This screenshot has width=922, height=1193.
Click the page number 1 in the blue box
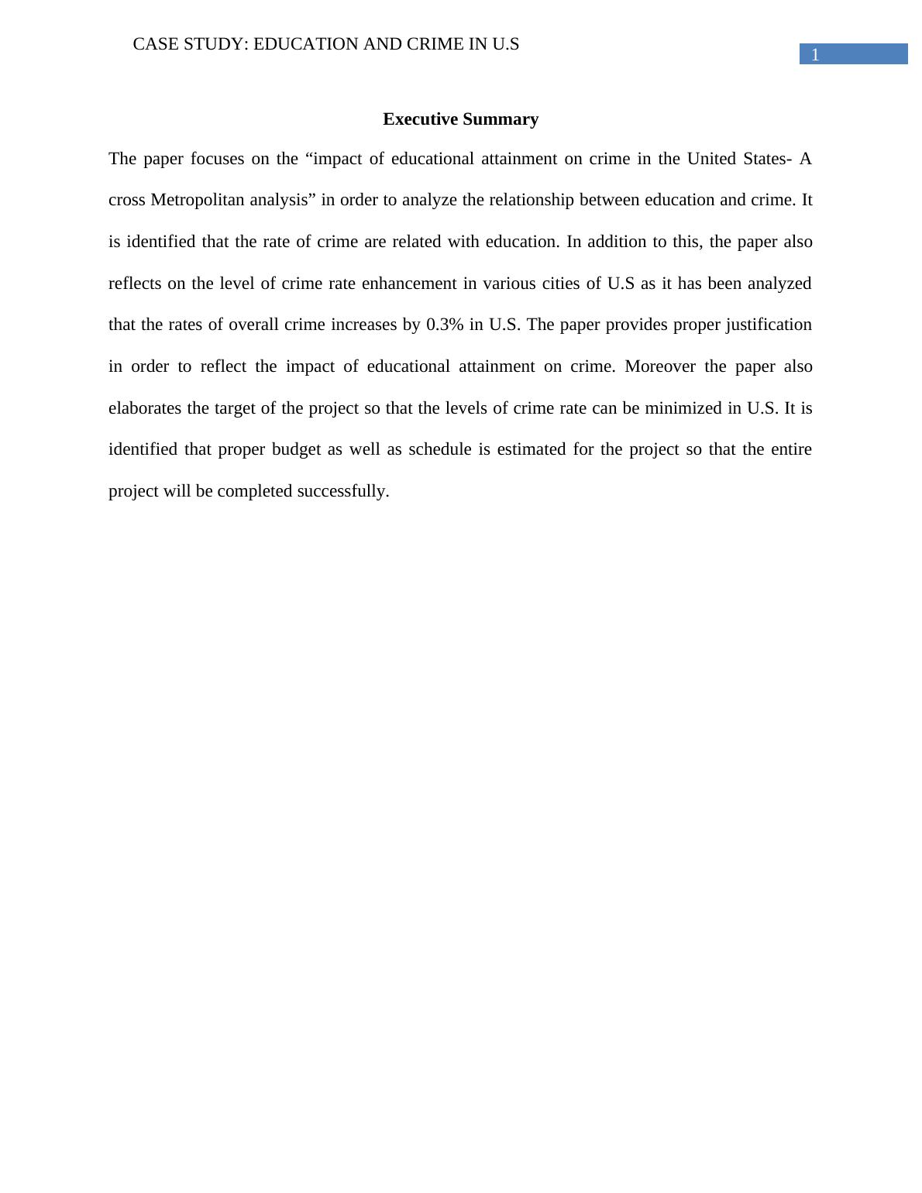(x=815, y=55)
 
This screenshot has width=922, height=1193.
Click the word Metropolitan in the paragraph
(x=198, y=200)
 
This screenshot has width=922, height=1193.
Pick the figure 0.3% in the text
(x=445, y=325)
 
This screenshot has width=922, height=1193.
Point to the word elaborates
(x=145, y=408)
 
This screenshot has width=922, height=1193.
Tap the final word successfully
(x=342, y=491)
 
